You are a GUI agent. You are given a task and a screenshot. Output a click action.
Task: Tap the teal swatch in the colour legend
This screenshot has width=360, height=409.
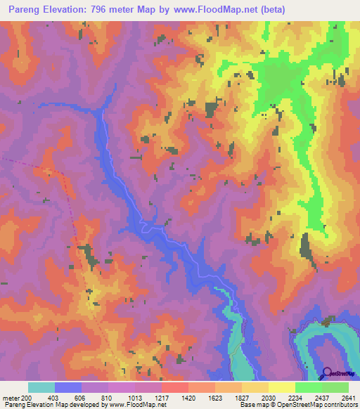tap(41, 387)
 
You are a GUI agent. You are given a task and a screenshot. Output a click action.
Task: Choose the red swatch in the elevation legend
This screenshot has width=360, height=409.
tap(175, 387)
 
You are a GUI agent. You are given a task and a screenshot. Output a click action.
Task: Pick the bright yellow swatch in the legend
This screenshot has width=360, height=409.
tap(282, 387)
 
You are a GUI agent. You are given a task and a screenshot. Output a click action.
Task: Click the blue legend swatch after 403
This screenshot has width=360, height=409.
tap(68, 387)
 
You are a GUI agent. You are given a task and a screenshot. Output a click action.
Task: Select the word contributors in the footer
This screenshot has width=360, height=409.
tap(337, 405)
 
